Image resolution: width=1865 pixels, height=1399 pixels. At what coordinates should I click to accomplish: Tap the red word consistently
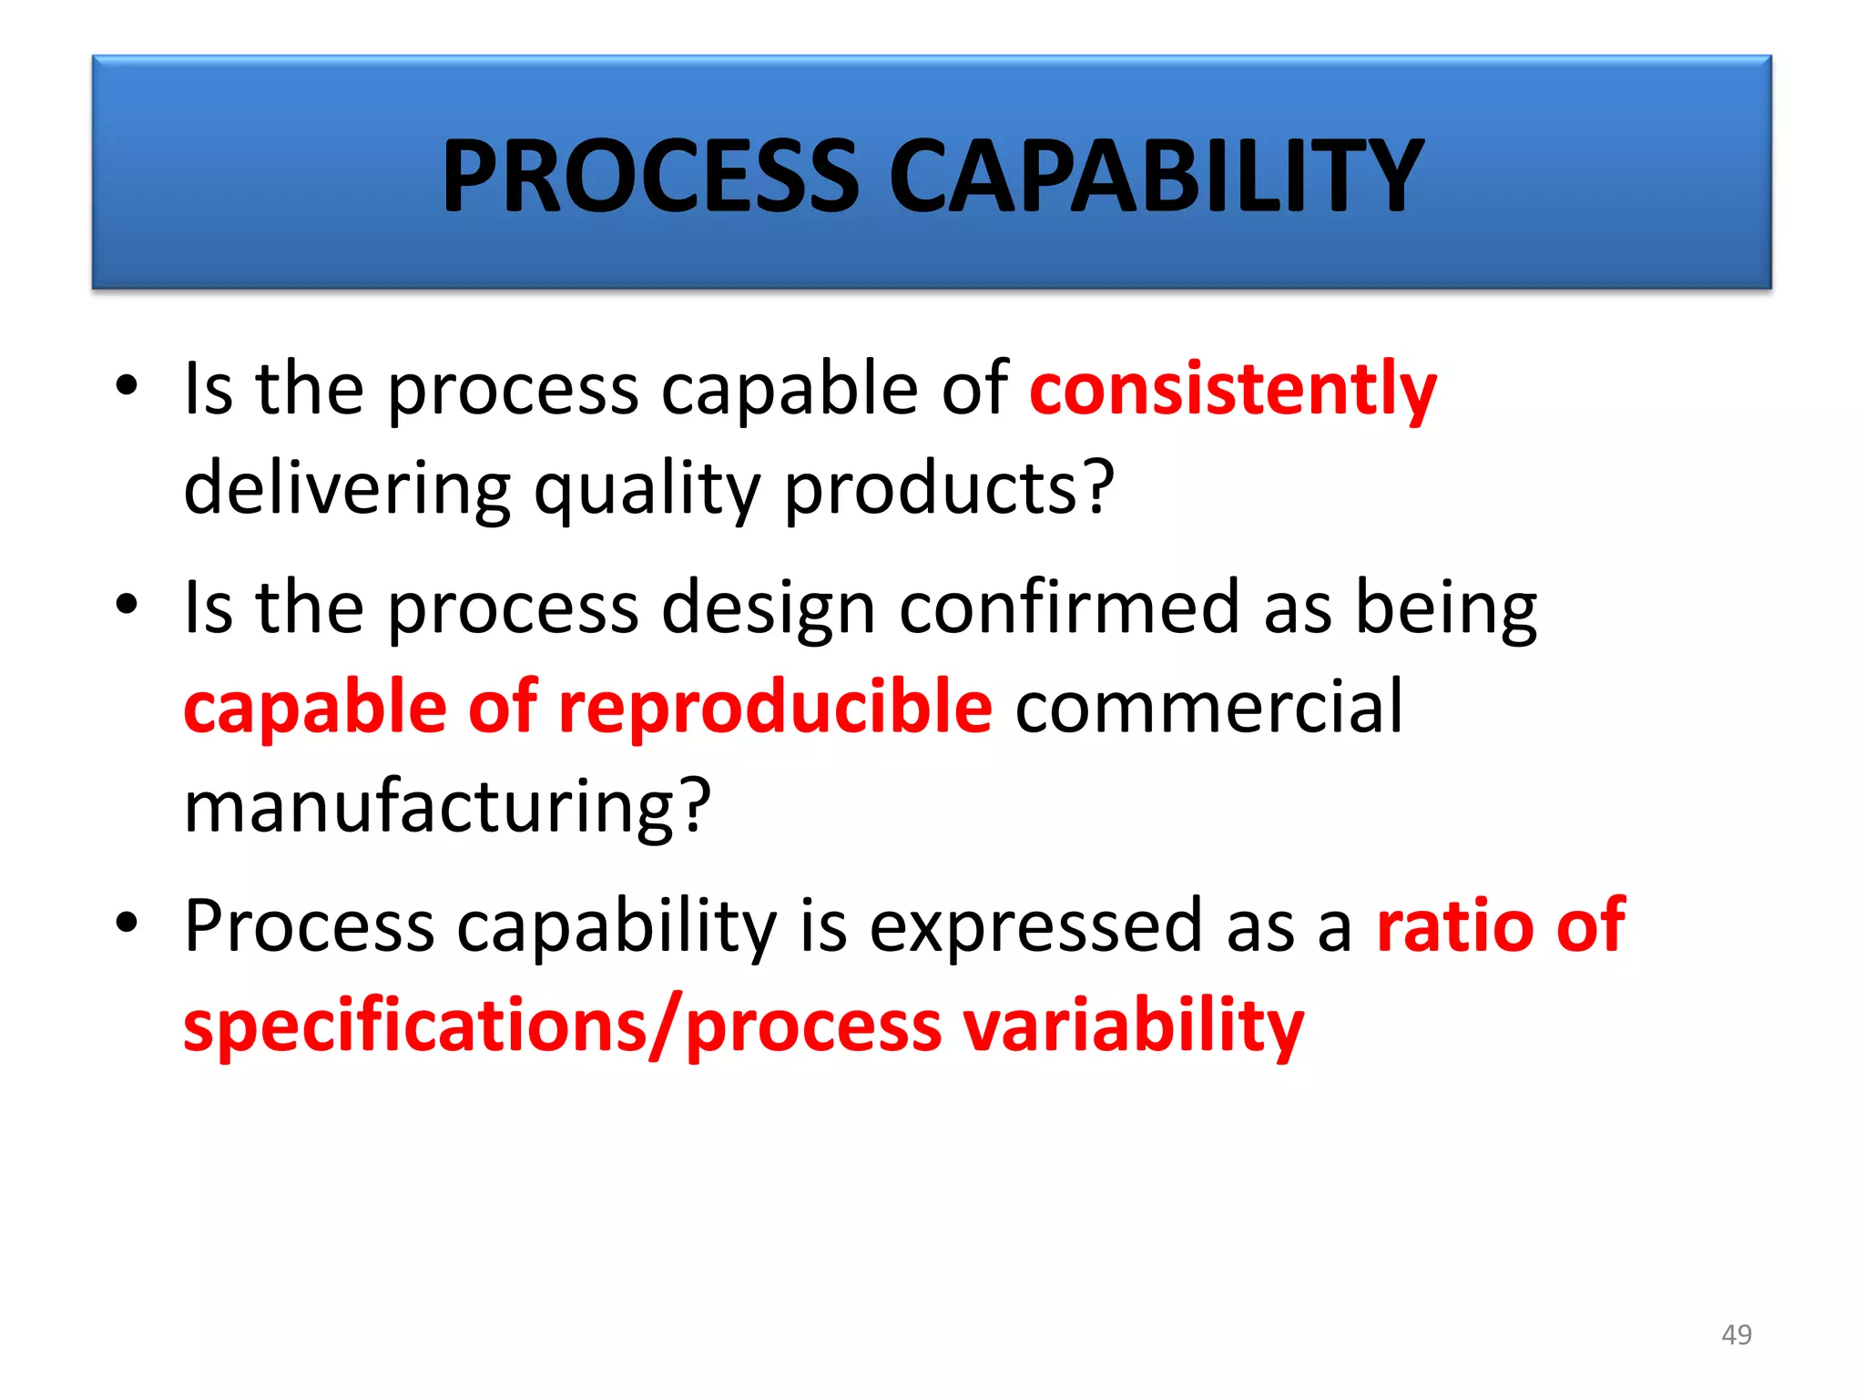coord(1232,390)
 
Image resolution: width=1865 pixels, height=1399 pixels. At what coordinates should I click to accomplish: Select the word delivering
coord(347,488)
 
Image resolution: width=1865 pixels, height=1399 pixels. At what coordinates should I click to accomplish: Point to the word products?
coord(949,488)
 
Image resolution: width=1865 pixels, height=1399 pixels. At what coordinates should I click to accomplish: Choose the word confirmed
coord(1069,607)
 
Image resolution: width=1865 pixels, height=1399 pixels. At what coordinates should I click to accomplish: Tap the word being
coord(1446,608)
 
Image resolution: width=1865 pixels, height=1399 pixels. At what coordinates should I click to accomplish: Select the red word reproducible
coord(775,707)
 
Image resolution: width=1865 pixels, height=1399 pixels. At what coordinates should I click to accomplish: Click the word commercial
coord(1208,707)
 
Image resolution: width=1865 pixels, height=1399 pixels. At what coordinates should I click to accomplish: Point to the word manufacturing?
coord(447,807)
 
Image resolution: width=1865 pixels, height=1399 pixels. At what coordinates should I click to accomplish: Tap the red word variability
coord(1134,1026)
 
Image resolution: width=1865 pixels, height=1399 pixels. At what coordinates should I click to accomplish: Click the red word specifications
coord(414,1026)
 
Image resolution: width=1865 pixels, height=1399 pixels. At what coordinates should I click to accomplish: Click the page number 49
coord(1737,1334)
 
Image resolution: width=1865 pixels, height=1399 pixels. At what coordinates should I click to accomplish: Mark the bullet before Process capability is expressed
coord(127,922)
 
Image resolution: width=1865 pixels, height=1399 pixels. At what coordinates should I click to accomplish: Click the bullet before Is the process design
coord(127,604)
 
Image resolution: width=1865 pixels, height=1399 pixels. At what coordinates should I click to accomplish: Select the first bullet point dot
coord(127,384)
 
